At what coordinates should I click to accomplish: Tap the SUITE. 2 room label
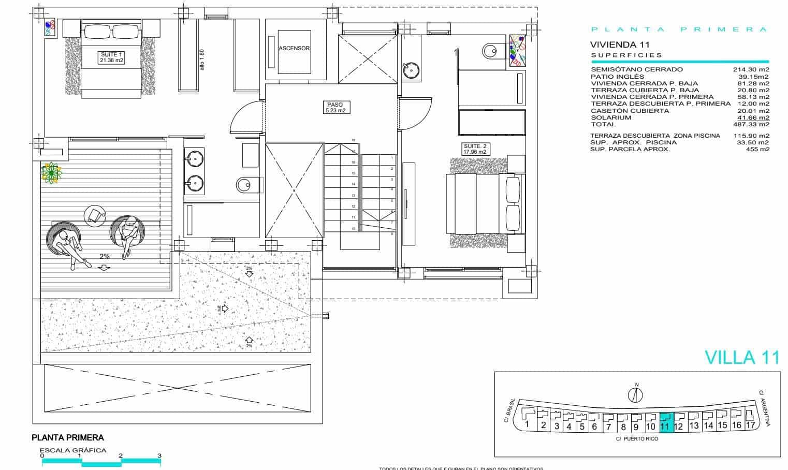(475, 149)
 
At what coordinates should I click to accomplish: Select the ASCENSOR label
(294, 48)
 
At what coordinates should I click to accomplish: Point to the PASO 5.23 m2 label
(335, 107)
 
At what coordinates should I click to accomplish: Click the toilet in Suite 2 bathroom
(490, 50)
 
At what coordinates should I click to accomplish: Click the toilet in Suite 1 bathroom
(245, 184)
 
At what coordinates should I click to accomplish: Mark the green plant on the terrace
(51, 172)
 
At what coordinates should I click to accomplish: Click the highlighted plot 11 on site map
(666, 421)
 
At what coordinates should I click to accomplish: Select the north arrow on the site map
(635, 394)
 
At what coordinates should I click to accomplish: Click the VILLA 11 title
(742, 358)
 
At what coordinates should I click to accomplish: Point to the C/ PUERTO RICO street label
(637, 439)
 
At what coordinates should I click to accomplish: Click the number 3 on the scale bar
(159, 456)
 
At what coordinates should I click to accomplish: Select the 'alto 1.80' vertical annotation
(202, 60)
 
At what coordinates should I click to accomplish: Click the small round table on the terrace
(95, 214)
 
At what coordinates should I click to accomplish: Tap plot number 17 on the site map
(750, 425)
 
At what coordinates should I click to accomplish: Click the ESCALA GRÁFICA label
(73, 450)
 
